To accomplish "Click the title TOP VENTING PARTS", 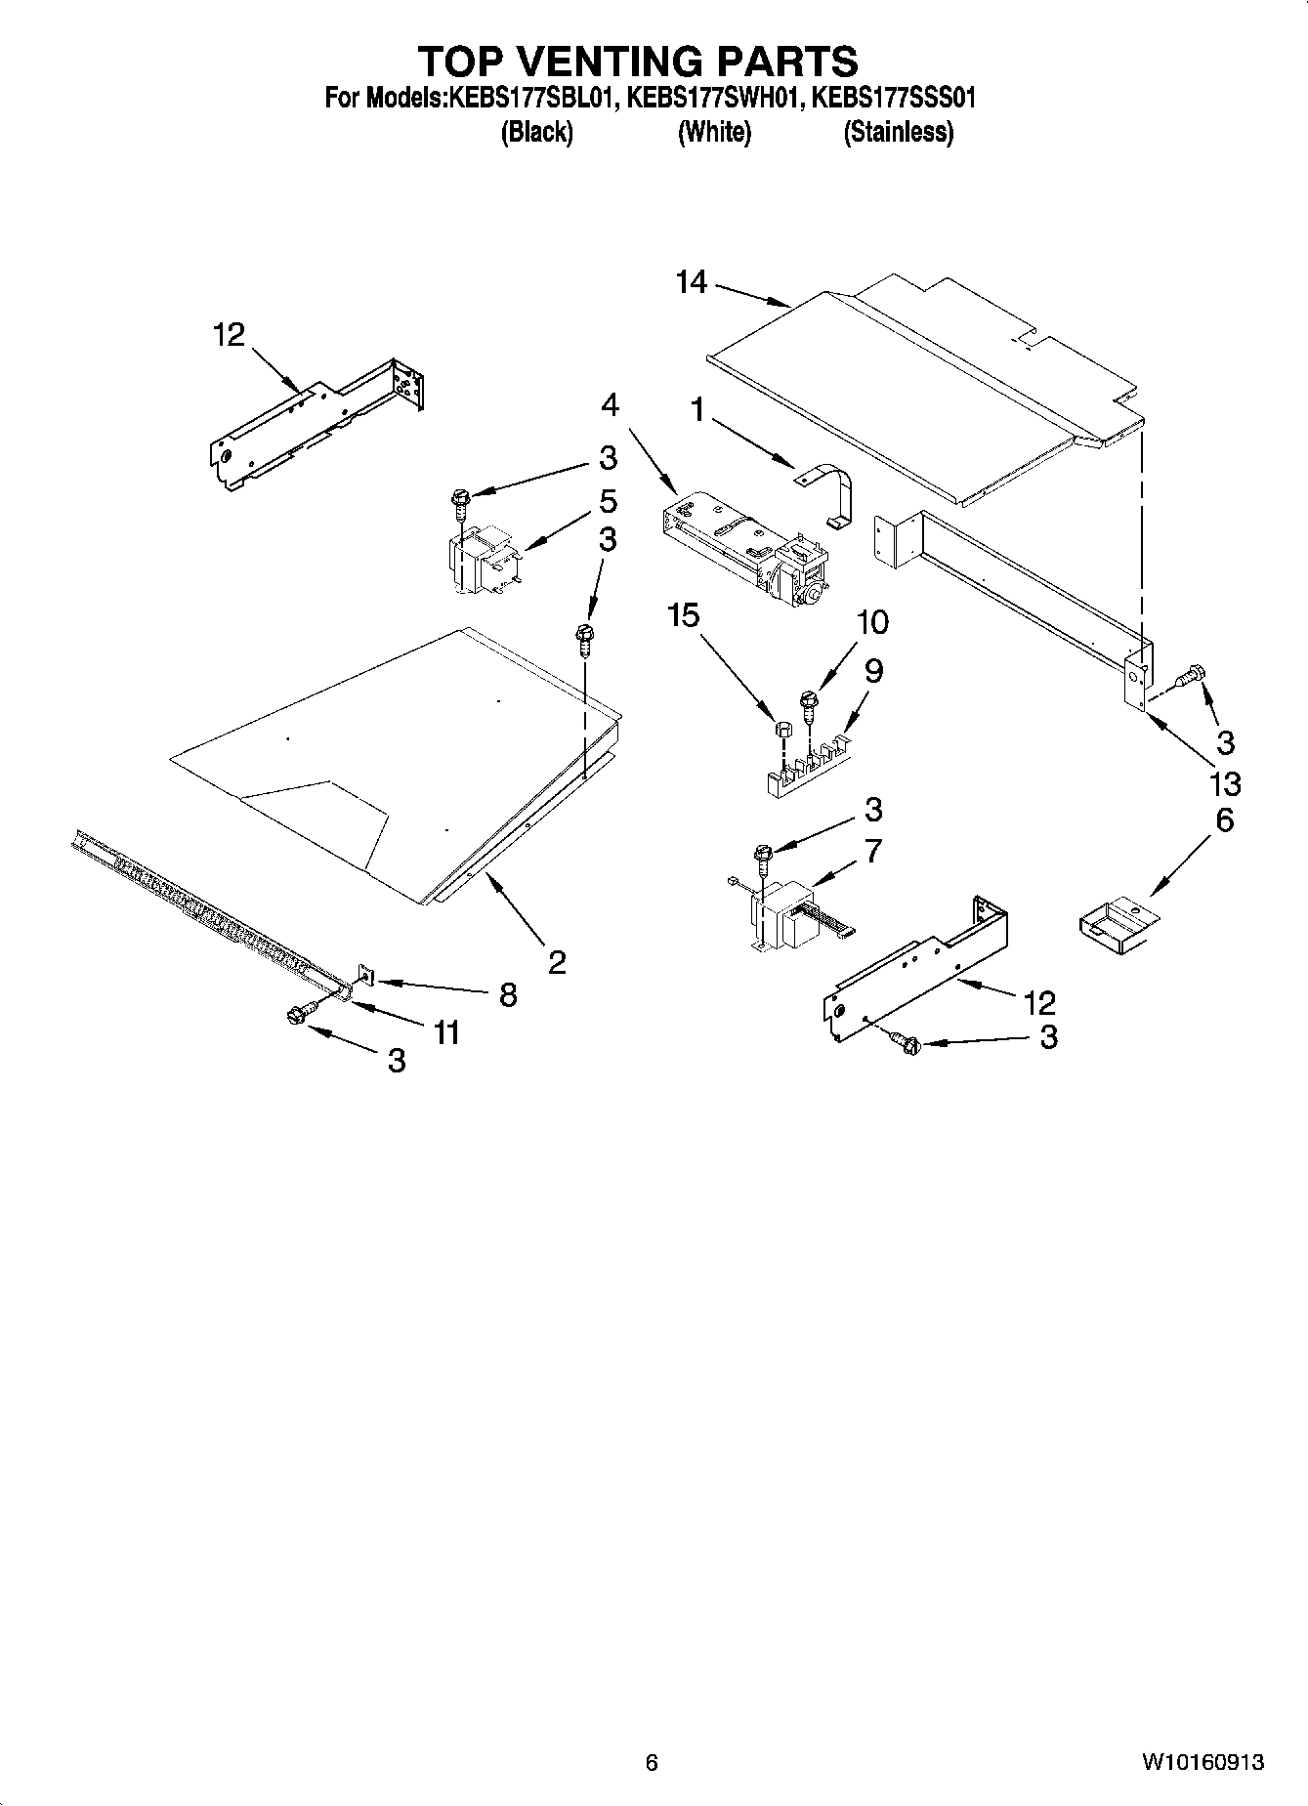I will pos(638,61).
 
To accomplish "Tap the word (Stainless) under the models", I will pos(898,132).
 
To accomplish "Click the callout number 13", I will pos(1224,783).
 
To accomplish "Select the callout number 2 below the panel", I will pos(556,963).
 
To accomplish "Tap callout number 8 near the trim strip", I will pos(507,994).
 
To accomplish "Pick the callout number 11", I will pos(446,1031).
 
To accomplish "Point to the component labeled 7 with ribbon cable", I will pos(789,915).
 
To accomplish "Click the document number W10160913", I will pos(1201,1762).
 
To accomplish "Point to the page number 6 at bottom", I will pos(652,1762).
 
